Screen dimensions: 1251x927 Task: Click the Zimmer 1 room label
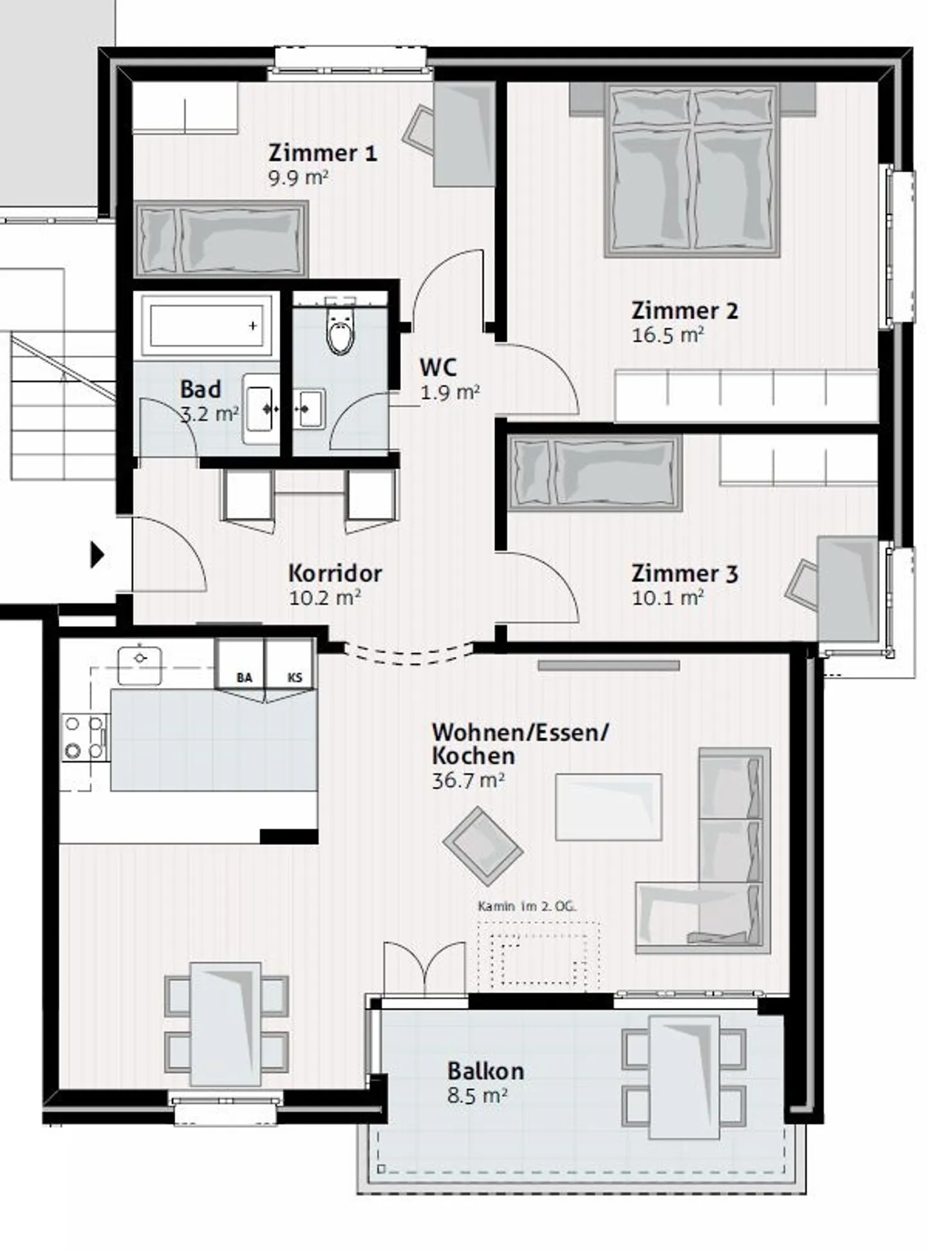323,153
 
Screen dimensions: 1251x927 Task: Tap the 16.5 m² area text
668,336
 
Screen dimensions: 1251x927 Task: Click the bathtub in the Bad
207,325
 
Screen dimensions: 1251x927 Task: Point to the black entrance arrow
97,555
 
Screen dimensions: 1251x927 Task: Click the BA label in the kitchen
244,678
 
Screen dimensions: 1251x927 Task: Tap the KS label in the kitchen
295,678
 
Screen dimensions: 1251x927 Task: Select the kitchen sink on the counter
140,665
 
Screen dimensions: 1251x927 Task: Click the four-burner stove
84,738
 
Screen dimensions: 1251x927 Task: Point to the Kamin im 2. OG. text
527,906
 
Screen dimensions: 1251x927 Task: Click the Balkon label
486,1071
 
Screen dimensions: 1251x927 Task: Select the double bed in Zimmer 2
692,171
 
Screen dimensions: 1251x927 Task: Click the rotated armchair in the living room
482,846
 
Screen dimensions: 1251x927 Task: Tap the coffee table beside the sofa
608,807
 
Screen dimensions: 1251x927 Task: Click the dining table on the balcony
684,1076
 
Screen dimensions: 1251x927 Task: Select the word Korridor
335,573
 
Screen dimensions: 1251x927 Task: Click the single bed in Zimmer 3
595,473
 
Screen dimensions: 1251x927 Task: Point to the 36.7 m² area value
468,781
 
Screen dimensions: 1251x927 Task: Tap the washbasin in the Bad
260,409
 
